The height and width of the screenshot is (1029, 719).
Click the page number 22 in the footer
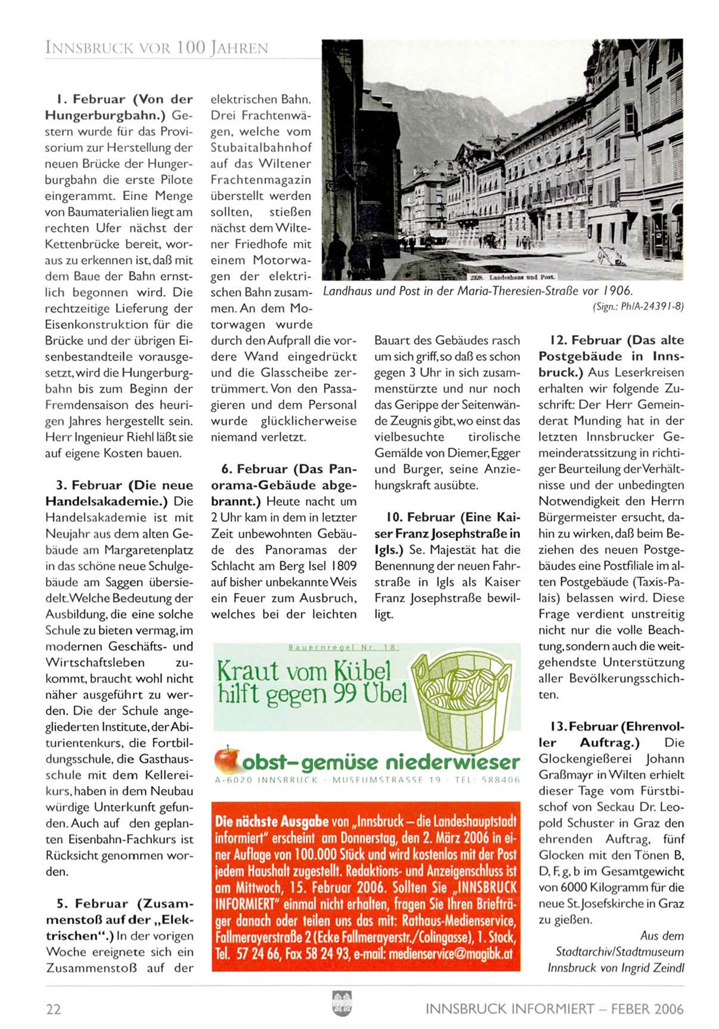54,1009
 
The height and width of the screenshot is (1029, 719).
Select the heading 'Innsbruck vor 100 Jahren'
157,48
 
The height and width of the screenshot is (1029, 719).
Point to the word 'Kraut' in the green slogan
247,671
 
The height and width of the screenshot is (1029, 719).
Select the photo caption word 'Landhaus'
348,291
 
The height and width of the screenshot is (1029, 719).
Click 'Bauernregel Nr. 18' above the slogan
343,647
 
